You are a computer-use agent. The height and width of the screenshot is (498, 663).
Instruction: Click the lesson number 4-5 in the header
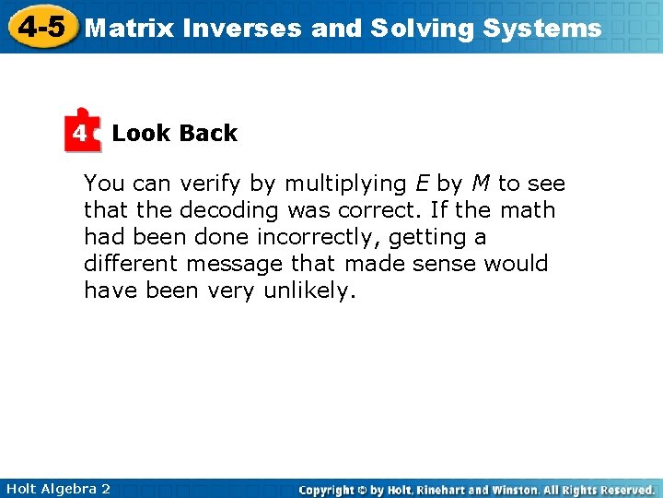[41, 27]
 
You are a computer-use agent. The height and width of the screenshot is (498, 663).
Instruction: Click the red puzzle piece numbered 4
[82, 134]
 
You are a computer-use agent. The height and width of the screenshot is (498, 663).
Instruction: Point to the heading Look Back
[174, 134]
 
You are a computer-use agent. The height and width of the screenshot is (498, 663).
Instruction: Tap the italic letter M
[480, 184]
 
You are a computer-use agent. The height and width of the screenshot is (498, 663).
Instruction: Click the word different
[131, 264]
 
